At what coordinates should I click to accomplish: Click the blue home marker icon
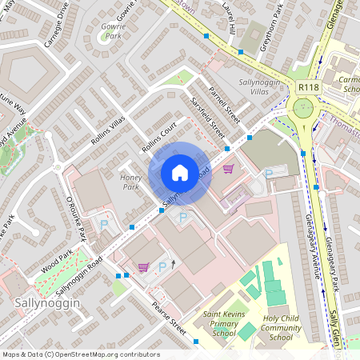click(x=180, y=173)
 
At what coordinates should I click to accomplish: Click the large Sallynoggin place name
click(x=44, y=303)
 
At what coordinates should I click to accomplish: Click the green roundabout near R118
click(x=303, y=108)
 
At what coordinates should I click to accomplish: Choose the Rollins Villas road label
click(x=109, y=129)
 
